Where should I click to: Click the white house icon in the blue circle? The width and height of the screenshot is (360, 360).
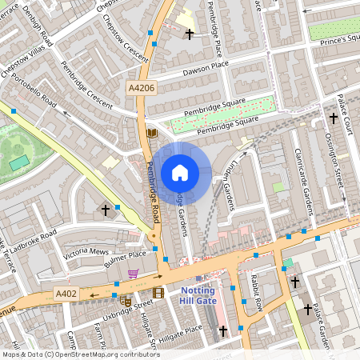(180, 173)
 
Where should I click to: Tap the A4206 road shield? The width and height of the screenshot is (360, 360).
(141, 86)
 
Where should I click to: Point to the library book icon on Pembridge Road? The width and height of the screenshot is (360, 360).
(152, 133)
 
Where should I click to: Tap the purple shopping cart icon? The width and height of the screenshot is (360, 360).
(133, 274)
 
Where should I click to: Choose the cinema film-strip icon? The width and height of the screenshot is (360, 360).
(158, 293)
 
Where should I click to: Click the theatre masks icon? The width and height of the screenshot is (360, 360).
(126, 302)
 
